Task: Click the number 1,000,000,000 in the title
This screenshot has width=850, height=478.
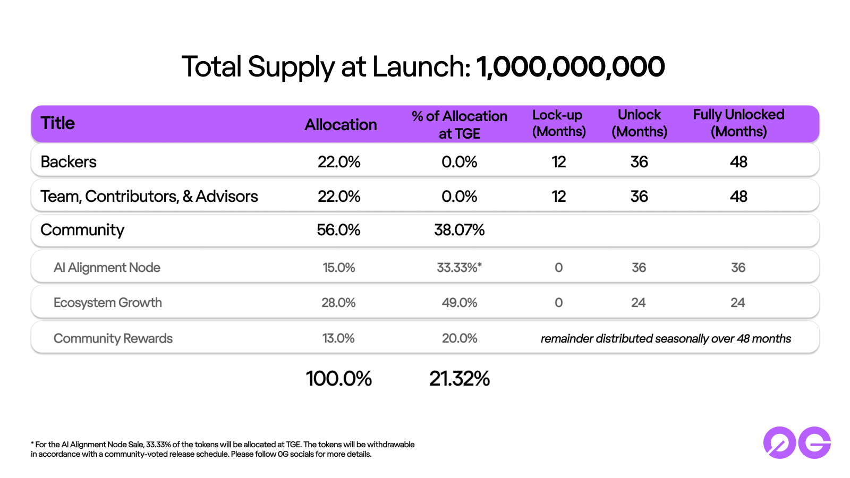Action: (570, 67)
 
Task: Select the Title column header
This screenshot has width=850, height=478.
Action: (58, 123)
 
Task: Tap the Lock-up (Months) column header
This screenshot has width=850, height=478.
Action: (559, 123)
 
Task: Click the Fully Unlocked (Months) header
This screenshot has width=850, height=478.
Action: (738, 123)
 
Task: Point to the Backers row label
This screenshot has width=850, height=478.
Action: (69, 161)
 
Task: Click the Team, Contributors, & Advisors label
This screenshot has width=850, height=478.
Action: (149, 197)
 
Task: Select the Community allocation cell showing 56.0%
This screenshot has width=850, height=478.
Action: (338, 230)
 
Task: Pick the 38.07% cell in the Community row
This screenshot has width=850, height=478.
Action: (459, 230)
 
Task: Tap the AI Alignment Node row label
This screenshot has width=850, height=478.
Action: (107, 268)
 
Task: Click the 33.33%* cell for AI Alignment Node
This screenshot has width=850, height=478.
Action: (459, 268)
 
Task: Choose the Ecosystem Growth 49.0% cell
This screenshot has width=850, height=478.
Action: (459, 303)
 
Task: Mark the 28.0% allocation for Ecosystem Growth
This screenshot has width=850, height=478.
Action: (338, 303)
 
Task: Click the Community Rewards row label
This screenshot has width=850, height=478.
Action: (113, 338)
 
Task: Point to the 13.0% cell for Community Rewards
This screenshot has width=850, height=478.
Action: (338, 338)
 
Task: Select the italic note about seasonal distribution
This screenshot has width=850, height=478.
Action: (666, 339)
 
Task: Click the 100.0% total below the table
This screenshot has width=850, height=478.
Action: (338, 379)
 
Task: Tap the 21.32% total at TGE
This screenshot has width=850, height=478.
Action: (460, 379)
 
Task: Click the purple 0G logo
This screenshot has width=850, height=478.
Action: (797, 442)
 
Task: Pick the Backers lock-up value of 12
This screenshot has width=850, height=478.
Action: (559, 161)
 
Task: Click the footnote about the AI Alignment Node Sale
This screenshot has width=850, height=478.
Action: (223, 449)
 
